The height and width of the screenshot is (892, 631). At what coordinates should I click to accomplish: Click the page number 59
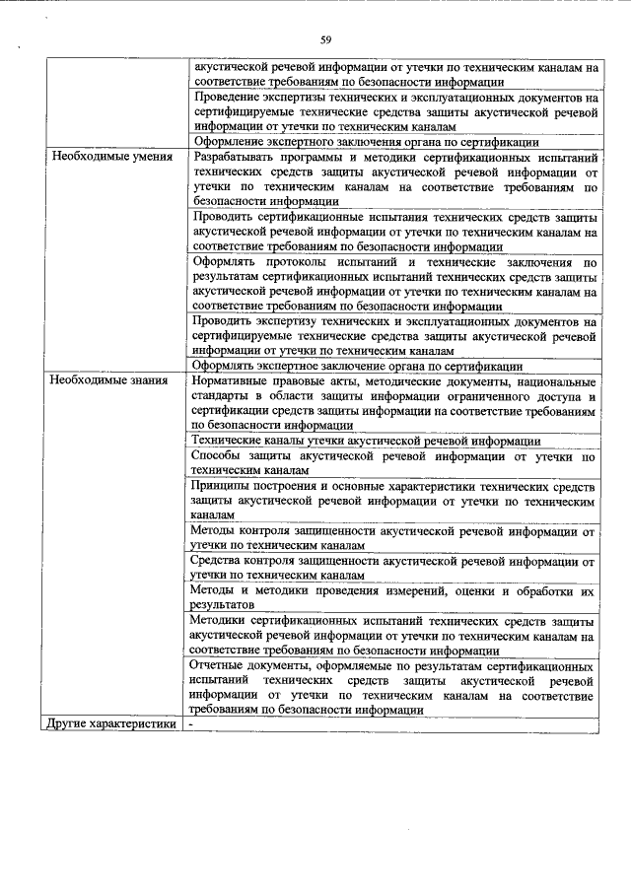click(325, 40)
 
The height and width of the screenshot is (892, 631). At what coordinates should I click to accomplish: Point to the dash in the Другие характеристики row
click(194, 724)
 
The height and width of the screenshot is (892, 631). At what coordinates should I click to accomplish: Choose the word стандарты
click(224, 396)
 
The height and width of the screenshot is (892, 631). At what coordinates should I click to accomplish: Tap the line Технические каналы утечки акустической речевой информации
click(366, 441)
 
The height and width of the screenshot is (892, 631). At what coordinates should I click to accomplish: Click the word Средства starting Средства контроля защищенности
click(222, 562)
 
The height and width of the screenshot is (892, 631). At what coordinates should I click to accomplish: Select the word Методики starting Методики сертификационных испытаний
click(225, 622)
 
